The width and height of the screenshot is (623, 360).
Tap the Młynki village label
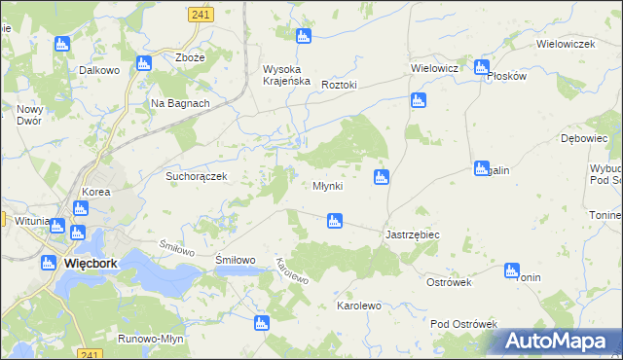tap(327, 186)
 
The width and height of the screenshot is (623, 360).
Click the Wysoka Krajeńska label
tap(286, 75)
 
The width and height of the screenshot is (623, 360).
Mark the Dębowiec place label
tap(584, 139)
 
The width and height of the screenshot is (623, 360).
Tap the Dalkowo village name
tap(99, 70)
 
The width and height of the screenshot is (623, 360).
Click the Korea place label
tap(96, 193)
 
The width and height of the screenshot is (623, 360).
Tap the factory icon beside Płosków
tap(481, 67)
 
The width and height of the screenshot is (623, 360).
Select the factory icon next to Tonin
tap(512, 270)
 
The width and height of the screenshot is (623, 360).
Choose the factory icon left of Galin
tap(481, 168)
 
